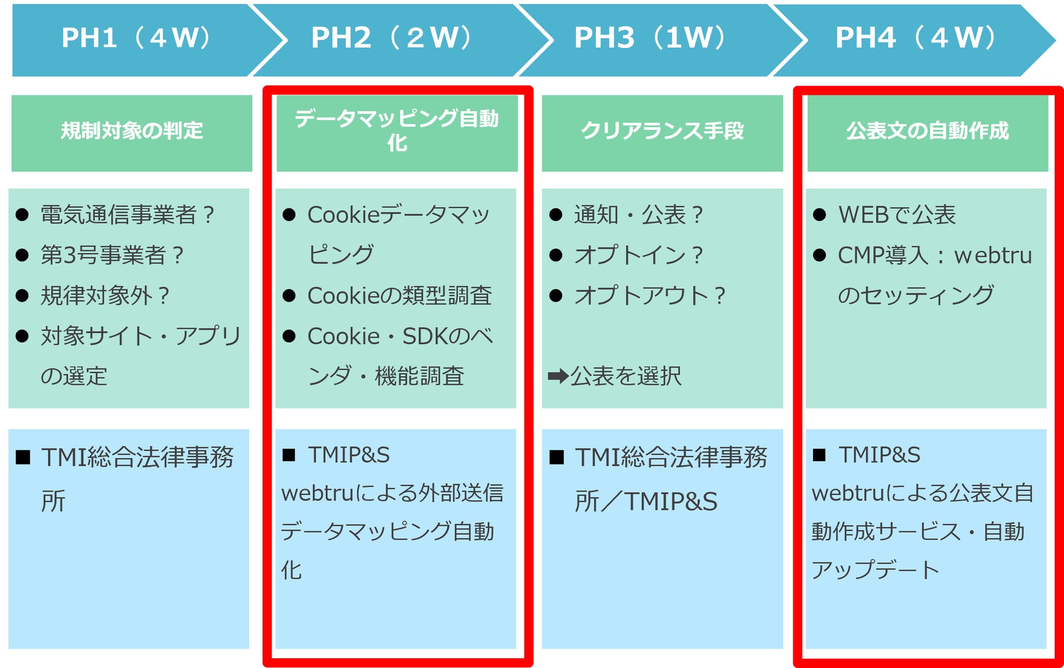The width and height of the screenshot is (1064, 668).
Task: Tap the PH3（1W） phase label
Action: tap(649, 38)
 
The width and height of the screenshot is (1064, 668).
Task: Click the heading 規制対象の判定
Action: tap(131, 131)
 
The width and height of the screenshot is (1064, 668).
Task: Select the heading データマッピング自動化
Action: tap(397, 131)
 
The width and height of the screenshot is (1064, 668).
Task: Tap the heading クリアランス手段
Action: tap(662, 131)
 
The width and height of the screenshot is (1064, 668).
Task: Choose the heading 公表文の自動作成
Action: tap(927, 131)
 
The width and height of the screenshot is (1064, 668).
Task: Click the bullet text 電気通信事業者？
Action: tap(128, 215)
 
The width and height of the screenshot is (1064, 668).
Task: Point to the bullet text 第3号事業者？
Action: tap(112, 255)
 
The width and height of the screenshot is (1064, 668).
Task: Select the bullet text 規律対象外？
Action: tap(105, 296)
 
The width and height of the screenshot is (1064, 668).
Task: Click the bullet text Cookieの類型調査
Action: tap(399, 296)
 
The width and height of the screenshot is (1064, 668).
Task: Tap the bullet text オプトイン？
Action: tap(639, 255)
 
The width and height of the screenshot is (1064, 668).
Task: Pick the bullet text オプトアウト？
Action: tap(650, 296)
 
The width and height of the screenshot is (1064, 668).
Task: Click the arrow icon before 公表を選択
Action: tap(558, 376)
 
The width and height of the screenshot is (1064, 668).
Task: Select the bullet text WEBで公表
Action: tap(897, 215)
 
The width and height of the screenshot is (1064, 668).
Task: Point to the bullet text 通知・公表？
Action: tap(639, 215)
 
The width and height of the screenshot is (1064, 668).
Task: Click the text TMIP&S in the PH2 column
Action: tap(349, 455)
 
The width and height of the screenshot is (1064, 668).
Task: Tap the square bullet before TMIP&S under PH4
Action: tap(819, 455)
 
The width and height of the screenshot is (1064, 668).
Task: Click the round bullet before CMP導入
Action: tap(819, 255)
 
